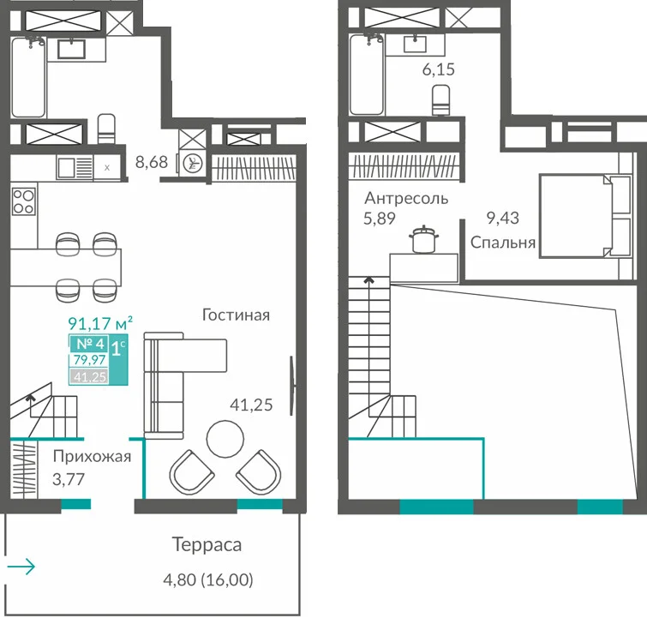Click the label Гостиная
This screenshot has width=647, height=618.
click(x=236, y=315)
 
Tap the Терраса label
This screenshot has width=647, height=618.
click(x=207, y=544)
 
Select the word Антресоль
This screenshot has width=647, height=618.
click(x=406, y=199)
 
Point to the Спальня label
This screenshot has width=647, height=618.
click(x=503, y=243)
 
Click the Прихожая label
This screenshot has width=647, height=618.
click(x=92, y=457)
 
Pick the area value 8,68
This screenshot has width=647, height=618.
click(x=152, y=162)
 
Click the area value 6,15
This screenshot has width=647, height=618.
click(x=438, y=69)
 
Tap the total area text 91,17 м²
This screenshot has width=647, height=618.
click(x=100, y=323)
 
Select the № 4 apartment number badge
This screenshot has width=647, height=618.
click(x=90, y=344)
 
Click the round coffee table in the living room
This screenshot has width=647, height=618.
click(x=225, y=439)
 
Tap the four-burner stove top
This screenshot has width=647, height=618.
click(x=23, y=201)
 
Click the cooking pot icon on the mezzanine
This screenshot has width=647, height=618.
click(x=424, y=239)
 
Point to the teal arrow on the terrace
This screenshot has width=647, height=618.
click(x=21, y=566)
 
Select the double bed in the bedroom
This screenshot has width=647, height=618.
click(x=585, y=216)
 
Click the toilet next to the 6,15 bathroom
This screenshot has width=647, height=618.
click(x=441, y=100)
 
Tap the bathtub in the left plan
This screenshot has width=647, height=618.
click(x=28, y=77)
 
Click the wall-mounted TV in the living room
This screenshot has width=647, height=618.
click(x=292, y=385)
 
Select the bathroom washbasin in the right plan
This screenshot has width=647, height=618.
click(x=415, y=45)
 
